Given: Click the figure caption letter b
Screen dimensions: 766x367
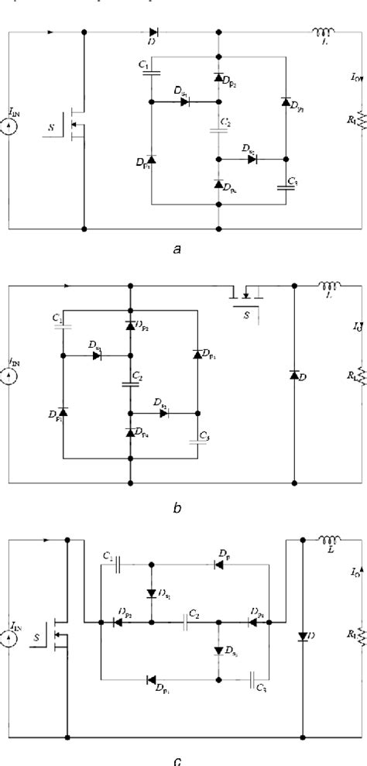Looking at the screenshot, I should coord(177,508).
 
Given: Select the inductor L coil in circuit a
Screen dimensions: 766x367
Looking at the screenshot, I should coord(321,33).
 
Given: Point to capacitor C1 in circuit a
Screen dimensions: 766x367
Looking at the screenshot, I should coord(151,74).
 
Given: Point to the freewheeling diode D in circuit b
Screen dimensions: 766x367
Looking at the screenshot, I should coord(294,375).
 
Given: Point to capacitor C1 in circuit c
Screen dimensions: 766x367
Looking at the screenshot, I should coord(119,565).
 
